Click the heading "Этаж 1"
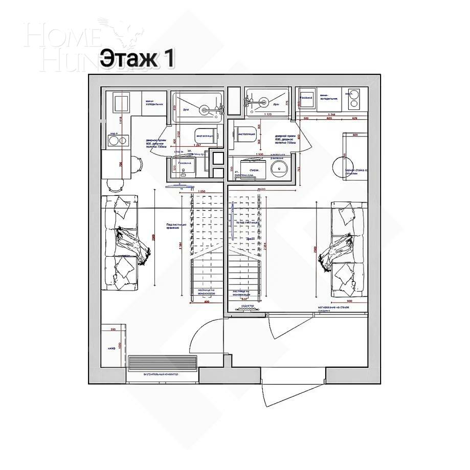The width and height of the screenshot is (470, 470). [x=137, y=58]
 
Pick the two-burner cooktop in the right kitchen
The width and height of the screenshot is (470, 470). [x=352, y=99]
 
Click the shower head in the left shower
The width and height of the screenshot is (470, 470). [x=205, y=108]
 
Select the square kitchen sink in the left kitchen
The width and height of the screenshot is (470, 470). [x=122, y=102]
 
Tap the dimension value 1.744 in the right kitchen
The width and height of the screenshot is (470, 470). [x=331, y=115]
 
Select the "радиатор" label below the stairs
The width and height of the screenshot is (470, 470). [x=242, y=306]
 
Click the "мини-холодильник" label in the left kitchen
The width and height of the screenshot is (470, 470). [x=154, y=102]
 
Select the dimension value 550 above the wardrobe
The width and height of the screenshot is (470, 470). [x=114, y=330]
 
